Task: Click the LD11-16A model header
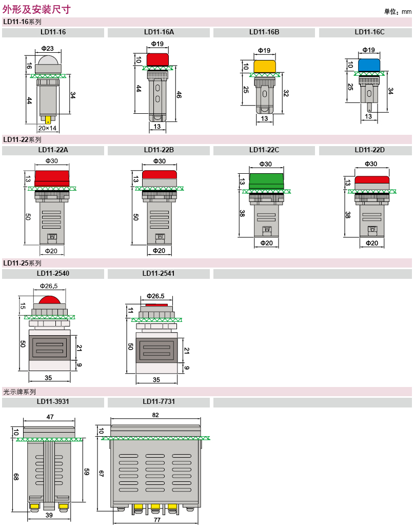[159, 32]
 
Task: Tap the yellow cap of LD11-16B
[265, 66]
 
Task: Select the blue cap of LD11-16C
[369, 65]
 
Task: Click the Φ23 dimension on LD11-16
[47, 49]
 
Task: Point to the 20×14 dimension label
[47, 128]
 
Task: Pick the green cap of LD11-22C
[266, 180]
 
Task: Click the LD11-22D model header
[369, 150]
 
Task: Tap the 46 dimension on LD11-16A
[179, 95]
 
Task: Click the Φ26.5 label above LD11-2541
[155, 296]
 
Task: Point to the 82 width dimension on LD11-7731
[155, 415]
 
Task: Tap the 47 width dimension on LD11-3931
[50, 417]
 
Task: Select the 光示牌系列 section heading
[19, 392]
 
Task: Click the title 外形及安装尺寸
[36, 9]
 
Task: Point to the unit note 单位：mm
[398, 11]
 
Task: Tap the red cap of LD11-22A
[52, 177]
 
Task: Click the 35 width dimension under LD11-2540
[49, 378]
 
